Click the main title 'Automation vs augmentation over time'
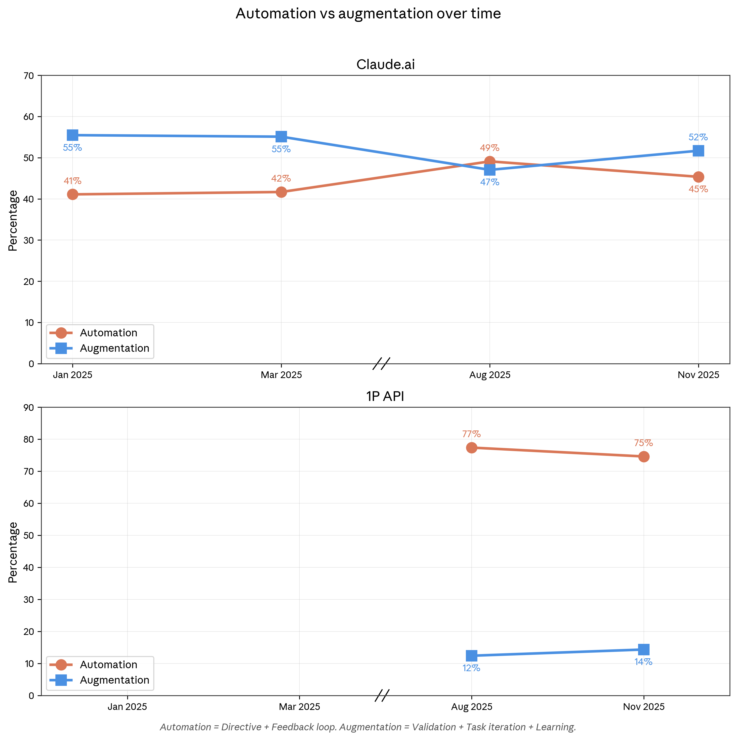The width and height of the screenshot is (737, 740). tap(368, 14)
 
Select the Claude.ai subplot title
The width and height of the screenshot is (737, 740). tap(385, 64)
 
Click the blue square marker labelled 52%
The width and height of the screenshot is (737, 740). tap(698, 151)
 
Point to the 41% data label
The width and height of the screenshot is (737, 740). tap(72, 181)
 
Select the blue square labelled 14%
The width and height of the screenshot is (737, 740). tap(644, 650)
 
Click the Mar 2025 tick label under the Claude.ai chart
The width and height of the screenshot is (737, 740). tap(281, 375)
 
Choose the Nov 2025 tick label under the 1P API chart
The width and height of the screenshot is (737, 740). tap(644, 707)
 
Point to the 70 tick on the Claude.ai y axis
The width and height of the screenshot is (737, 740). tap(29, 76)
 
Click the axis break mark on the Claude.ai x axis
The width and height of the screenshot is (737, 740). tap(381, 363)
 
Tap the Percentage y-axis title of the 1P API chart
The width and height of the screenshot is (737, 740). tap(13, 552)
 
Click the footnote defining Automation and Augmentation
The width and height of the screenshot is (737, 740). tap(368, 727)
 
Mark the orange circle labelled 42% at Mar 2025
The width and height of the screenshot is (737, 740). tap(281, 192)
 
